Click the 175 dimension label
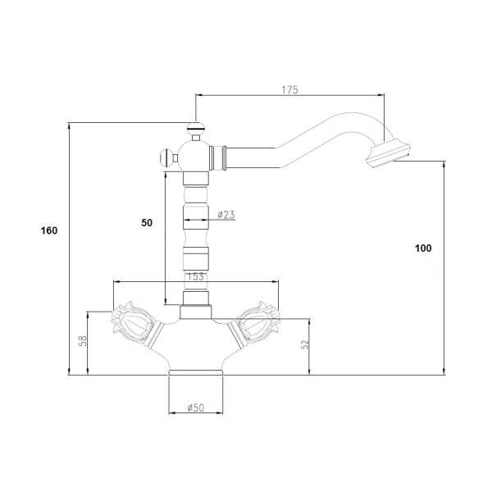point(289,90)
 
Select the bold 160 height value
point(49,230)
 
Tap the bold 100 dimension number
point(423,248)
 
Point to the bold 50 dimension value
point(147,223)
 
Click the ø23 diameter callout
point(226,215)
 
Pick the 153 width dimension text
point(195,277)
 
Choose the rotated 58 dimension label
point(83,341)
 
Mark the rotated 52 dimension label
point(305,344)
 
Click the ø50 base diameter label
point(195,408)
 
